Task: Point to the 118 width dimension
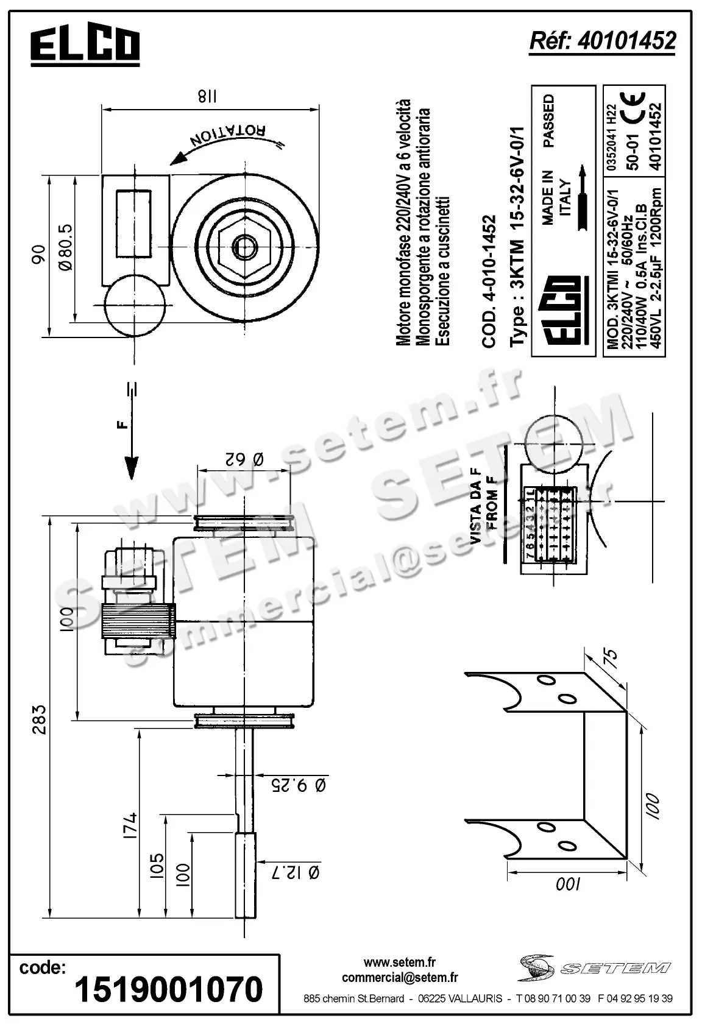click(208, 96)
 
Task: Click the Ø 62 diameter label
click(244, 459)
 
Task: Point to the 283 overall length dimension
click(39, 718)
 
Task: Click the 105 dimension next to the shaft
click(156, 867)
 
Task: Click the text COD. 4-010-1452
click(490, 281)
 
